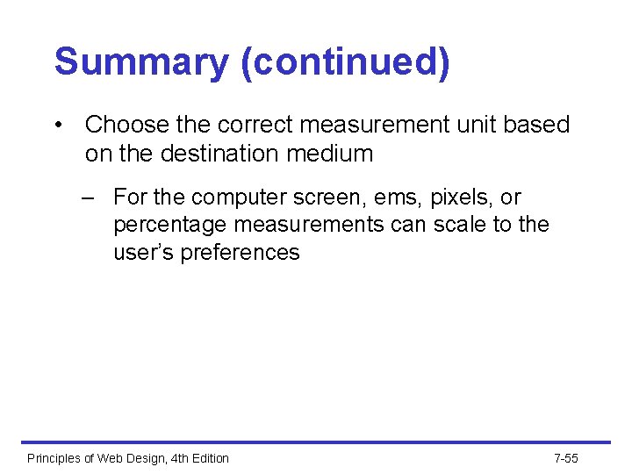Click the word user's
click(x=142, y=253)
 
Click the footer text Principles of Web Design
click(x=128, y=458)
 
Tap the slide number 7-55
click(x=566, y=458)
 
